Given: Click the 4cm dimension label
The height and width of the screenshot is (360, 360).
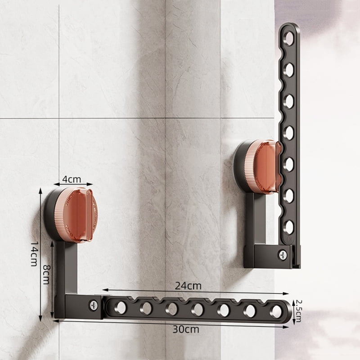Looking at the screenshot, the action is point(72,179).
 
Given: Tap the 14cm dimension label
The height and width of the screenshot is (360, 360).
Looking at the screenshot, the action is point(34,253).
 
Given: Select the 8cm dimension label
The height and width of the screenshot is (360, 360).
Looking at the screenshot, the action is point(46,274).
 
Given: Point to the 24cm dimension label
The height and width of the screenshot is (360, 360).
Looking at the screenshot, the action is point(188,286).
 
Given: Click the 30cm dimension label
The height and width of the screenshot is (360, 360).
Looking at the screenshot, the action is point(186,329).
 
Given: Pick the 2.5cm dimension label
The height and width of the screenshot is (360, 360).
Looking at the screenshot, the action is point(298,311).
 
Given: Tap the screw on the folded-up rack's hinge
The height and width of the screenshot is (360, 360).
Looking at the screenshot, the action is point(283,255).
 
